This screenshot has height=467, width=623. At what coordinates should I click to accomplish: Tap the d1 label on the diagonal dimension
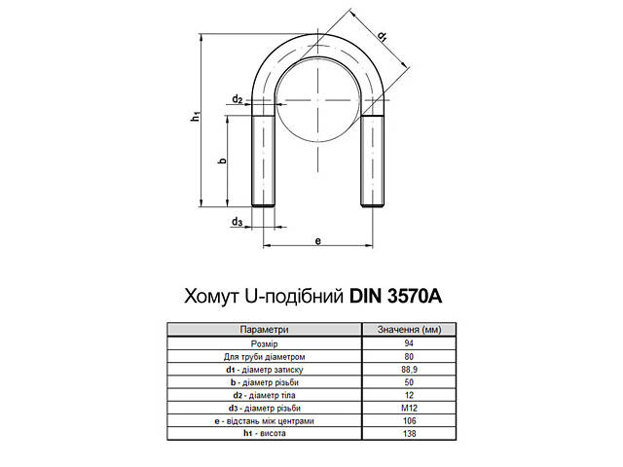(x=383, y=37)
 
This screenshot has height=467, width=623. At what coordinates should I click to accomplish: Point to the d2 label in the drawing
(x=238, y=99)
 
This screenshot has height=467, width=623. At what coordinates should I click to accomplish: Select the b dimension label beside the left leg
(x=222, y=161)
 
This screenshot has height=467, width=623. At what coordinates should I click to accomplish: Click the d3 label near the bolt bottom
(x=238, y=223)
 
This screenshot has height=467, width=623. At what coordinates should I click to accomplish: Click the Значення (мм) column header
(x=408, y=332)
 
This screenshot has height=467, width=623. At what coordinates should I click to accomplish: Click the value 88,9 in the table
(x=408, y=370)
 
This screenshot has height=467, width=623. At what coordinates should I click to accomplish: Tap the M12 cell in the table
(x=408, y=408)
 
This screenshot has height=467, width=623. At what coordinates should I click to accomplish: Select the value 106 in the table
(x=408, y=420)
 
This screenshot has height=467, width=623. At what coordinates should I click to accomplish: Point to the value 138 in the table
(x=408, y=433)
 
